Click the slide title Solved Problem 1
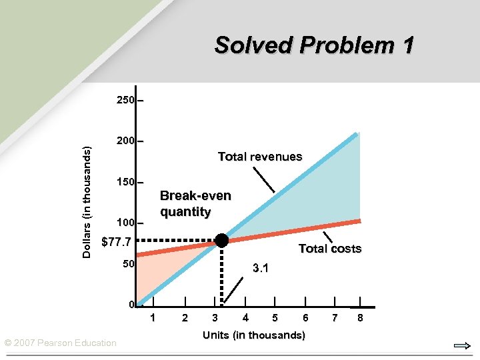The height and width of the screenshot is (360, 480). pos(314,45)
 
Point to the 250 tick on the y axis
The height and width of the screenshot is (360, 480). pos(125,101)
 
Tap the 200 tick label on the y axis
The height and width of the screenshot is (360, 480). pos(125,141)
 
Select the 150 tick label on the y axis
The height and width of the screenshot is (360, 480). pos(125,182)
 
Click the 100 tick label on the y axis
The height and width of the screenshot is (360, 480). pos(125,223)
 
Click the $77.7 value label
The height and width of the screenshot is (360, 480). pos(115,242)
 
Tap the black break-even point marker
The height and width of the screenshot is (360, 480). pos(221,241)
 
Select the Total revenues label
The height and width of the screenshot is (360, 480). pos(260,157)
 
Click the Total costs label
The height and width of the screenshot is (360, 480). pos(329,249)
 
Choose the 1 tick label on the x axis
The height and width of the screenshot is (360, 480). pos(153,317)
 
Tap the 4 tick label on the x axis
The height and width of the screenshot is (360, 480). pos(245,317)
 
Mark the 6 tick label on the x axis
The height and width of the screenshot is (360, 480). pos(305,317)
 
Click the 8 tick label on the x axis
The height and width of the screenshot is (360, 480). pos(360,317)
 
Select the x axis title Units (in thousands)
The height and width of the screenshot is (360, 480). pos(254,335)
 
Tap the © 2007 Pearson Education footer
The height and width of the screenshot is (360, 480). pos(61,343)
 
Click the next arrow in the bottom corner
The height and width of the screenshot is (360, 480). pos(461,345)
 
